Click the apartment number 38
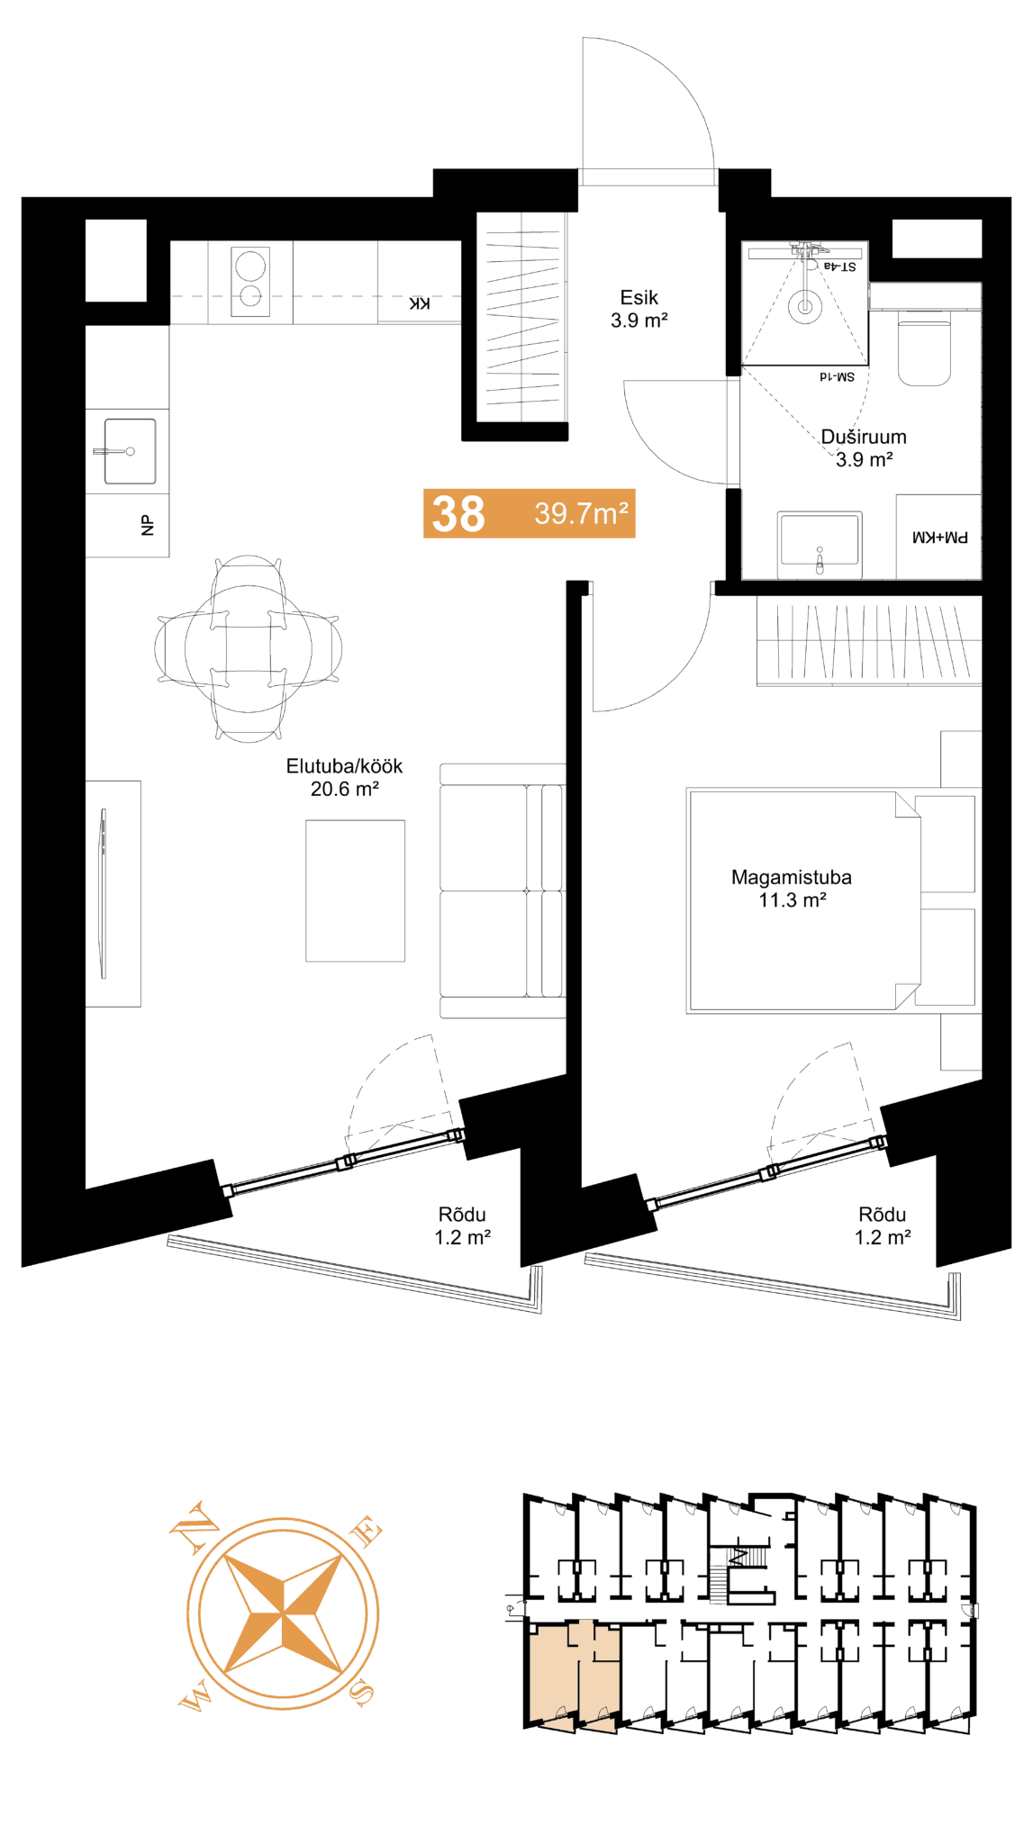pyautogui.click(x=458, y=514)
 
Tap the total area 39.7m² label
pyautogui.click(x=581, y=513)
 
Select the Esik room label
pyautogui.click(x=639, y=298)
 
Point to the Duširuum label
pyautogui.click(x=864, y=437)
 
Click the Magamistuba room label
pyautogui.click(x=792, y=877)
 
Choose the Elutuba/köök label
pyautogui.click(x=344, y=766)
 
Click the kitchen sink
pyautogui.click(x=130, y=451)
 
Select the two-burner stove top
pyautogui.click(x=250, y=282)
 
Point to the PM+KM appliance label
pyautogui.click(x=940, y=538)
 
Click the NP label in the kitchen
pyautogui.click(x=148, y=525)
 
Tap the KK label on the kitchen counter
pyautogui.click(x=420, y=303)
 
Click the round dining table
pyautogui.click(x=249, y=648)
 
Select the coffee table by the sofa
pyautogui.click(x=355, y=890)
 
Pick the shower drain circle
pyautogui.click(x=805, y=306)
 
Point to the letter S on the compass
pyautogui.click(x=361, y=1693)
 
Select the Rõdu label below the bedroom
pyautogui.click(x=883, y=1215)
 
